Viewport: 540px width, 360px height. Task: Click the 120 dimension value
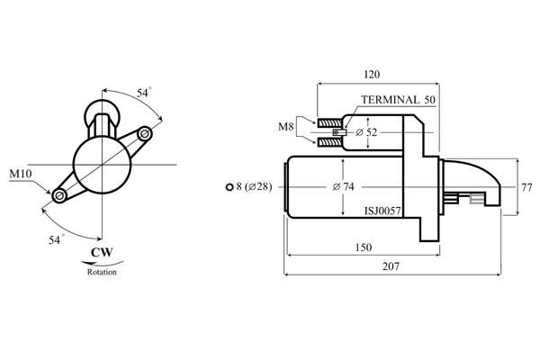pyautogui.click(x=372, y=75)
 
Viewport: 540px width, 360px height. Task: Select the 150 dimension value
pyautogui.click(x=363, y=247)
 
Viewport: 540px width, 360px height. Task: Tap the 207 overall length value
pyautogui.click(x=391, y=266)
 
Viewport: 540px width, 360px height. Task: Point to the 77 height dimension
pyautogui.click(x=526, y=188)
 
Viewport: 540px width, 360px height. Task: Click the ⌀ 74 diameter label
pyautogui.click(x=344, y=186)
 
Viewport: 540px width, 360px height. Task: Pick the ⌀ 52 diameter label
pyautogui.click(x=366, y=132)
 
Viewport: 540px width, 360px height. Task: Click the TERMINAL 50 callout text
pyautogui.click(x=398, y=100)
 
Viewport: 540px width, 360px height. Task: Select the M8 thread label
pyautogui.click(x=286, y=127)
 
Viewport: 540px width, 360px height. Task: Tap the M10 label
pyautogui.click(x=21, y=174)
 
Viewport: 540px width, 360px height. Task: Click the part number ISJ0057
pyautogui.click(x=383, y=211)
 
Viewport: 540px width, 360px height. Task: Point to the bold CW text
pyautogui.click(x=102, y=253)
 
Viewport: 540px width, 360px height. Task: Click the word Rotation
pyautogui.click(x=102, y=272)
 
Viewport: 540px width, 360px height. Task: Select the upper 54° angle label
pyautogui.click(x=143, y=93)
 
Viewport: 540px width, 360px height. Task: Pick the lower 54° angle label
pyautogui.click(x=56, y=239)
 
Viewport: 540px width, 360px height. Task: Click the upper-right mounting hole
pyautogui.click(x=145, y=134)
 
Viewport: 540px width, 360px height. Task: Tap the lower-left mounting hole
pyautogui.click(x=58, y=196)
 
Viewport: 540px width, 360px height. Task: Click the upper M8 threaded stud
pyautogui.click(x=329, y=122)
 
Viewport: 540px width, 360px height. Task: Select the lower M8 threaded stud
pyautogui.click(x=329, y=142)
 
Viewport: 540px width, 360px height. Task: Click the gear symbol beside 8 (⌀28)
pyautogui.click(x=229, y=187)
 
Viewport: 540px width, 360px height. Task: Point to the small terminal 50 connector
pyautogui.click(x=339, y=132)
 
